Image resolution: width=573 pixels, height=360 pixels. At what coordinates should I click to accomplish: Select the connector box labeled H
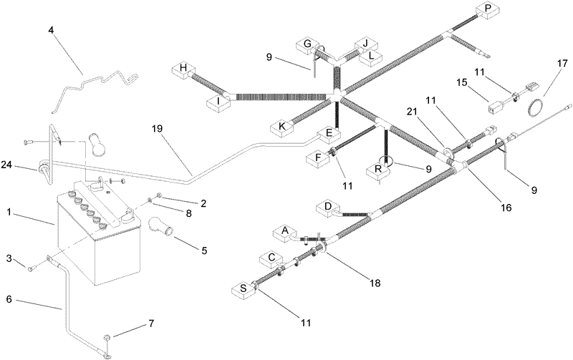point(184,71)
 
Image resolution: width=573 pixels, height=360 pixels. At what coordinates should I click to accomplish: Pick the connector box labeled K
point(281,127)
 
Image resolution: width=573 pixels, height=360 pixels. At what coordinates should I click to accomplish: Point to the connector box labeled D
point(328,208)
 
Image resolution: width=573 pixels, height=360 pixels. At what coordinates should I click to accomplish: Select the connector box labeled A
point(284,233)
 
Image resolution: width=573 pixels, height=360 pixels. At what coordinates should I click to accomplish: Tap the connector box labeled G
point(308,47)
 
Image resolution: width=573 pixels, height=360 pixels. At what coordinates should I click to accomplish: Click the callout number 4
point(51,29)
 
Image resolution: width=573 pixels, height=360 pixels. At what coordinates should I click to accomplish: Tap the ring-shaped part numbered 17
point(536,109)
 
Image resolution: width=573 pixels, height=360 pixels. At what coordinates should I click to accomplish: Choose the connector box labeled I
point(218,102)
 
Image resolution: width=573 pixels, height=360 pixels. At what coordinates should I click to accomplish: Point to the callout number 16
point(506,208)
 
